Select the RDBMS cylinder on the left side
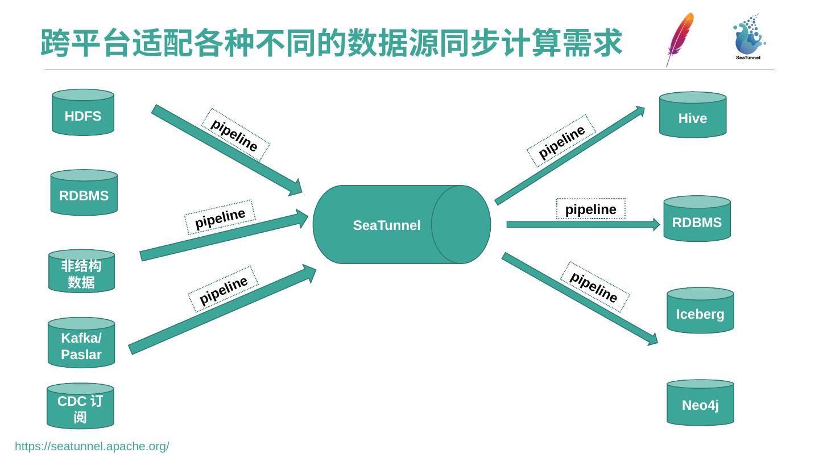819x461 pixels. [x=84, y=193]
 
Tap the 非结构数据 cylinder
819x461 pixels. [x=81, y=271]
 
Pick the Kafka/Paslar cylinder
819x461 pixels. [x=81, y=343]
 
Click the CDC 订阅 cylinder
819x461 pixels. [x=80, y=406]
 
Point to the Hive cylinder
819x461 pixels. [x=692, y=116]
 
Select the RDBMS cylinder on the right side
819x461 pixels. [x=697, y=219]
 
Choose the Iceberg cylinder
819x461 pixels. [x=700, y=311]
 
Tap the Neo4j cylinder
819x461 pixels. [x=700, y=403]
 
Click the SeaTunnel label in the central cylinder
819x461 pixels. [x=387, y=225]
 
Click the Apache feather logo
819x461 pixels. [x=680, y=39]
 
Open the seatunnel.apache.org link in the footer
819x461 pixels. [x=92, y=446]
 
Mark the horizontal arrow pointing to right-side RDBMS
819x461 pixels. [x=583, y=224]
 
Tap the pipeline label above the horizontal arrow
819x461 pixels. [x=591, y=209]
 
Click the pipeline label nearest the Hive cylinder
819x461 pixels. [x=561, y=142]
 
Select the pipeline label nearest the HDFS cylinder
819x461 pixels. [x=235, y=135]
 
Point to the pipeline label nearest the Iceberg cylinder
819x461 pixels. [x=594, y=287]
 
